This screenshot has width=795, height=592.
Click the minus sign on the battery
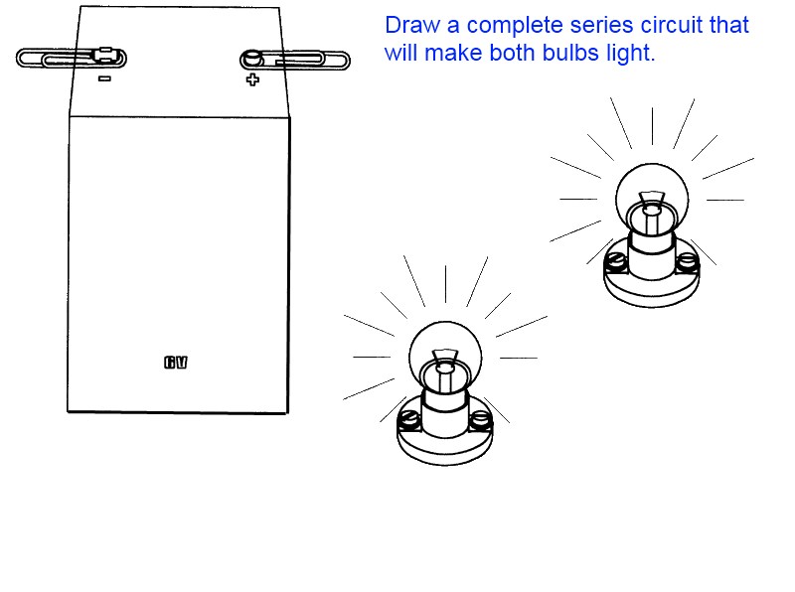tap(104, 77)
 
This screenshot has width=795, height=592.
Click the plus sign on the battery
tap(252, 79)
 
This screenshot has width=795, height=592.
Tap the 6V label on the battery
tap(176, 363)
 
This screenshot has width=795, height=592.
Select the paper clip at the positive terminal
tap(295, 60)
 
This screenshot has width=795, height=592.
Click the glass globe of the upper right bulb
tap(651, 189)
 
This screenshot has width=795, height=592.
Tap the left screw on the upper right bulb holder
tap(616, 261)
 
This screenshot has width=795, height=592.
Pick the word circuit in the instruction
tap(648, 26)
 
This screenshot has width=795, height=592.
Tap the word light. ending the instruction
tap(631, 54)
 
